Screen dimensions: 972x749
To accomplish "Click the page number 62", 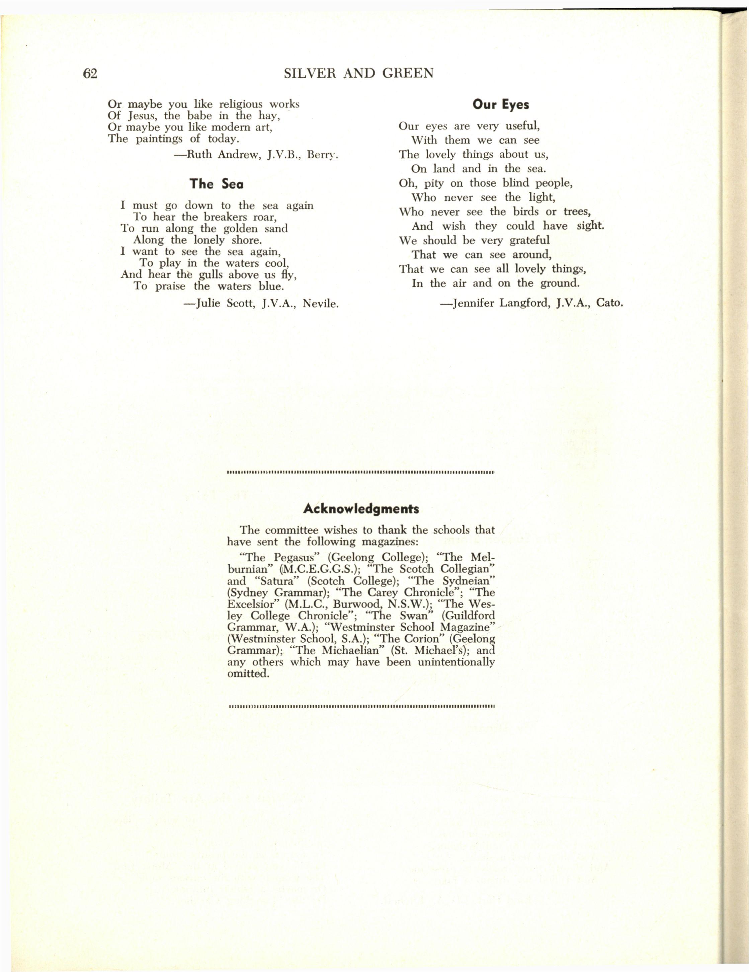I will [90, 73].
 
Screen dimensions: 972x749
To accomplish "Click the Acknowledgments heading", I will [360, 509].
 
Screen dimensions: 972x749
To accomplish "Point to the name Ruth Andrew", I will [217, 155].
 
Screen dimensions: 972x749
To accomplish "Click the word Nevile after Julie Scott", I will [320, 304].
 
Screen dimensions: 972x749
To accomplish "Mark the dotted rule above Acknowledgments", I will [360, 472].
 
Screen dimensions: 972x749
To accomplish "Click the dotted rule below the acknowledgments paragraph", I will [360, 706].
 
